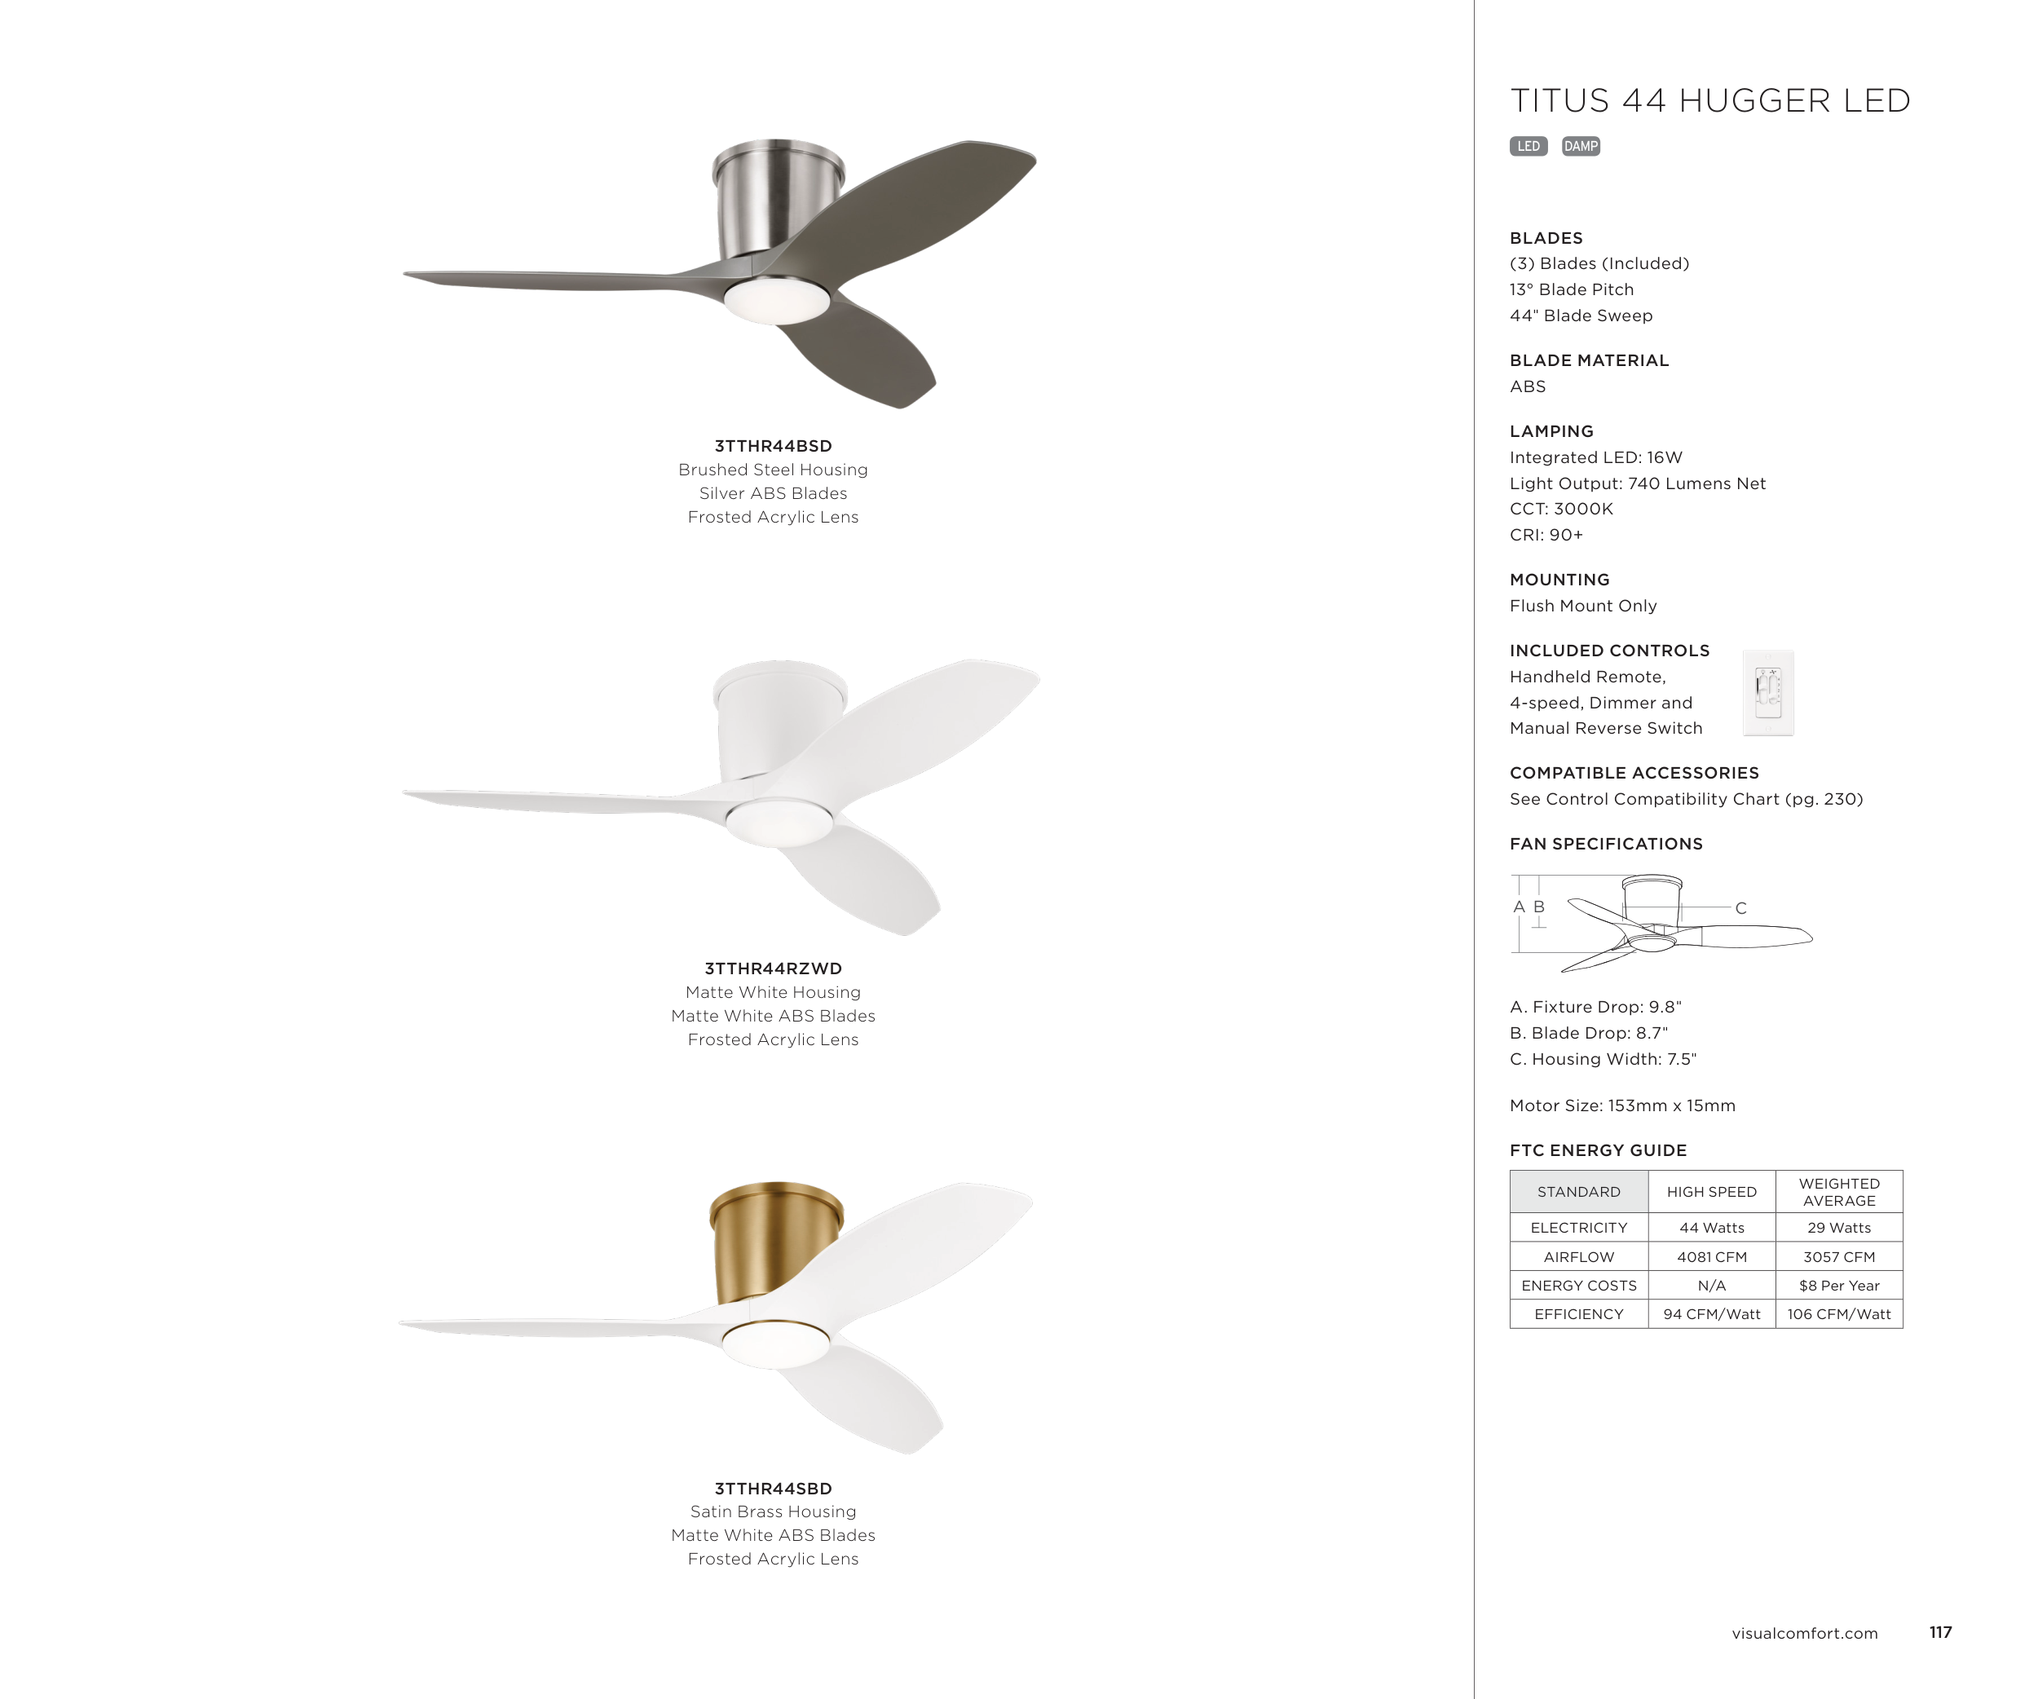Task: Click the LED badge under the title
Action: point(1528,147)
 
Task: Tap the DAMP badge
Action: point(1581,147)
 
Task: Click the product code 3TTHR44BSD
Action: point(774,446)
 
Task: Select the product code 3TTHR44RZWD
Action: point(774,969)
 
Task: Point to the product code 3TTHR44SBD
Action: point(774,1489)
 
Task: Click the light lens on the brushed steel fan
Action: point(776,300)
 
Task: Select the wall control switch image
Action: point(1768,693)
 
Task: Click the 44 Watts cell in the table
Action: point(1712,1228)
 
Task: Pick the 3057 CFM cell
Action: point(1839,1256)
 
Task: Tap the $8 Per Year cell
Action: point(1839,1286)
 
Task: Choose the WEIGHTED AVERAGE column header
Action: point(1839,1192)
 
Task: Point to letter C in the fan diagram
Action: point(1741,908)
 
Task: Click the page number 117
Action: point(1941,1632)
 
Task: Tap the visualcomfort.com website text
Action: point(1805,1633)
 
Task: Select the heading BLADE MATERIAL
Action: point(1590,360)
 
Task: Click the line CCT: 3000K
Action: point(1561,509)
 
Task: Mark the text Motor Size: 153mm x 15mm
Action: point(1622,1105)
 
